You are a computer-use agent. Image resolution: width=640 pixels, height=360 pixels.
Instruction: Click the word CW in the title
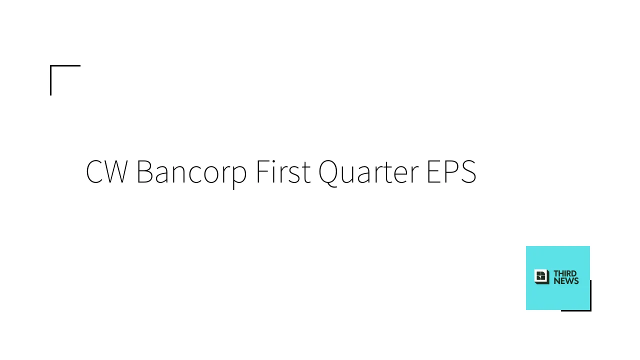(x=107, y=171)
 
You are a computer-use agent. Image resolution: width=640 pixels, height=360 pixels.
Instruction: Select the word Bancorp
(x=191, y=173)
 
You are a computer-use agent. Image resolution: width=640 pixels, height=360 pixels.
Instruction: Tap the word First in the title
(x=283, y=171)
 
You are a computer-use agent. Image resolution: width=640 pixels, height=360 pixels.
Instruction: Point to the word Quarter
(x=368, y=173)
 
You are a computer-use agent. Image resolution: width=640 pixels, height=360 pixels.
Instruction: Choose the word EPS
(x=451, y=171)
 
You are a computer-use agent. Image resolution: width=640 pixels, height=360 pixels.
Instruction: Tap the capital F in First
(x=263, y=171)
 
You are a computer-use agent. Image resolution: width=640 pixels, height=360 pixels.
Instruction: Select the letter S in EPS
(x=468, y=171)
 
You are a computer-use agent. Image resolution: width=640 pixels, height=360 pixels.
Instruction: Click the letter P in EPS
(x=451, y=171)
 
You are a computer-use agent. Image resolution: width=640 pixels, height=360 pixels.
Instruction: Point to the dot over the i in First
(x=275, y=160)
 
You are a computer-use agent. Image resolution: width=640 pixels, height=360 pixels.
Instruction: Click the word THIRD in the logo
(x=565, y=273)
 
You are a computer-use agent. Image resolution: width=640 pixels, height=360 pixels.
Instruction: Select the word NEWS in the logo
(x=566, y=281)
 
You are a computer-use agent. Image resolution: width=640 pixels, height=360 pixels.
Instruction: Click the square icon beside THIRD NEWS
(x=541, y=276)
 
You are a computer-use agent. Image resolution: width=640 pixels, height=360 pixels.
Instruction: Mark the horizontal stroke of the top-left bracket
(x=65, y=65)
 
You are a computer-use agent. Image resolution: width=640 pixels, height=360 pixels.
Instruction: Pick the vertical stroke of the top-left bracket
(x=51, y=80)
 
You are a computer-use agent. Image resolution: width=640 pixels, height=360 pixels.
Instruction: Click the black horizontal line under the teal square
(x=576, y=310)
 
